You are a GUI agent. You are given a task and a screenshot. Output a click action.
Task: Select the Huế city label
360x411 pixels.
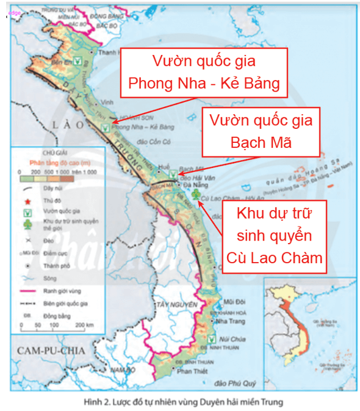coord(164,166)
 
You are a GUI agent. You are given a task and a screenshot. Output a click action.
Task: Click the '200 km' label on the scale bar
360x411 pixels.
coord(88,326)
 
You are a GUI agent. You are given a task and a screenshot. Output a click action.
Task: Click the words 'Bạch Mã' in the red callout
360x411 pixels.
coord(261,142)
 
